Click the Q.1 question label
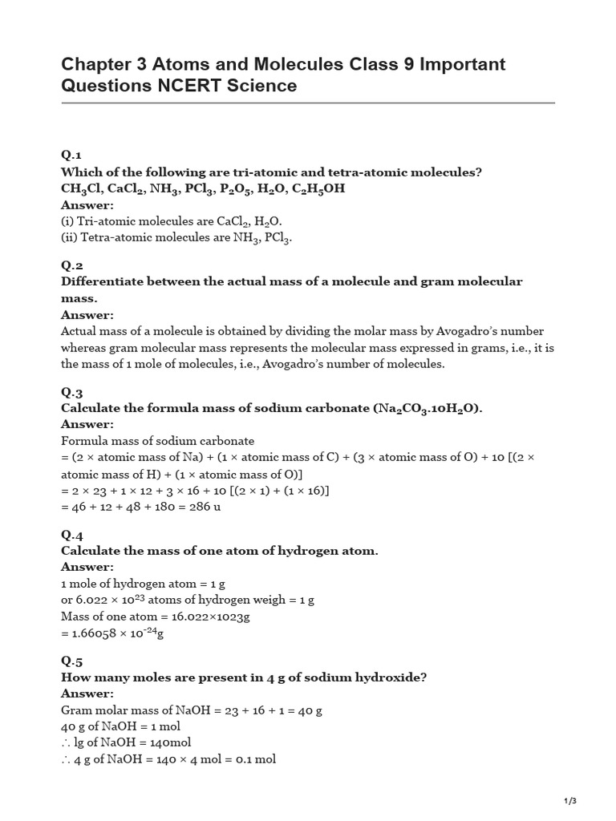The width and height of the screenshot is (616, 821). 71,155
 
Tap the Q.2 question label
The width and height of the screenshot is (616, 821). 72,265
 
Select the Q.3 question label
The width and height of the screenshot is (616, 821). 72,392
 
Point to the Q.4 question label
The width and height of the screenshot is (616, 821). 72,535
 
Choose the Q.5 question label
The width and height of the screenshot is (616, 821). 72,661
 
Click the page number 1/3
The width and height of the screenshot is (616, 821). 570,801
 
